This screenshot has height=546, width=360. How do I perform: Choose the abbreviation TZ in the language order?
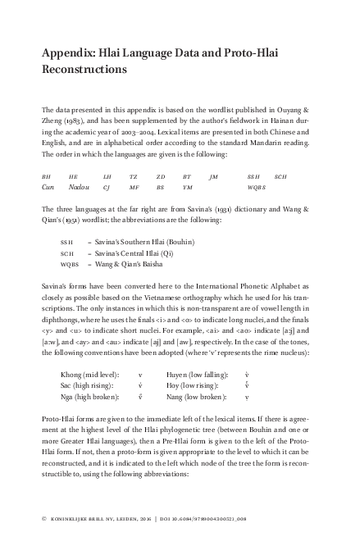133,177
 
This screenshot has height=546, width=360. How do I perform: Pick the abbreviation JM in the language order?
214,177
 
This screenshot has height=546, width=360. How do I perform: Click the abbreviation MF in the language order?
134,187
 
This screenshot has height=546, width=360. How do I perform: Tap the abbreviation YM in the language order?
187,187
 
